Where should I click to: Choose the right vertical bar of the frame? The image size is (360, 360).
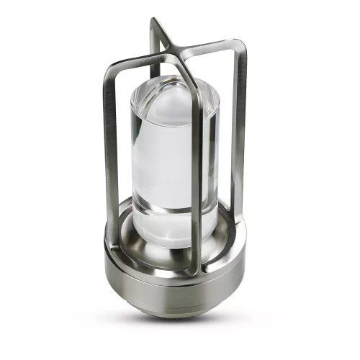pyautogui.click(x=238, y=137)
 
